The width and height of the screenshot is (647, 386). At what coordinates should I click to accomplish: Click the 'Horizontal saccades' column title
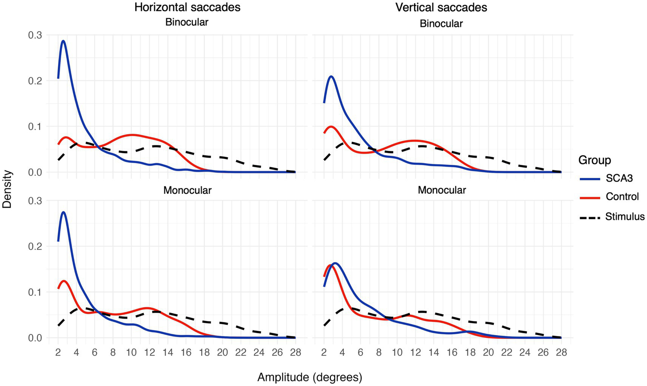[x=187, y=7]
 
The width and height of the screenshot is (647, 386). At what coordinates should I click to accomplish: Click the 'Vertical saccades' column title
[x=441, y=7]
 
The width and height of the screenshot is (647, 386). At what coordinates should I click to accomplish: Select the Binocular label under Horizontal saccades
[x=187, y=22]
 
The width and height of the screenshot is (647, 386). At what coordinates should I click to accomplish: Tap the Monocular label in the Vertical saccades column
[x=442, y=190]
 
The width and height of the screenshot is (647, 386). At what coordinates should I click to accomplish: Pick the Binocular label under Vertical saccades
[x=441, y=24]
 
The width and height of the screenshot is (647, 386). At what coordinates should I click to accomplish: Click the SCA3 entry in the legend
[x=619, y=179]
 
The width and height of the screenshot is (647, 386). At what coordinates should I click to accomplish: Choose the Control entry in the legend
[x=622, y=197]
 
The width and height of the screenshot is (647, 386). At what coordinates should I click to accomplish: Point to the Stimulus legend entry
[x=625, y=217]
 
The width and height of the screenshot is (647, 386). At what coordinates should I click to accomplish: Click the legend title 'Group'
[x=594, y=160]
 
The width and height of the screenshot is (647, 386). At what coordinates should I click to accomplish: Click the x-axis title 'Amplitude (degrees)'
[x=310, y=377]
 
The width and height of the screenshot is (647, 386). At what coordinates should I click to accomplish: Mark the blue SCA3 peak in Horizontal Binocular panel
[x=63, y=41]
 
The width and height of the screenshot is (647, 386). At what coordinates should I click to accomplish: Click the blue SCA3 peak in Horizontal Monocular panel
[x=63, y=212]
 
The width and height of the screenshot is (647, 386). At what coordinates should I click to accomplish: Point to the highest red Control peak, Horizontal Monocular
[x=64, y=281]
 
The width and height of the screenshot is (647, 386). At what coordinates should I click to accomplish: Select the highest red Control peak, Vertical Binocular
[x=331, y=126]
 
